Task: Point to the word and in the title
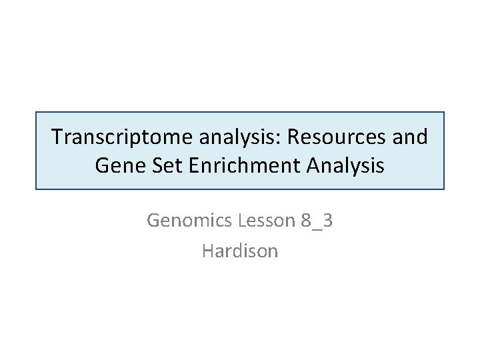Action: (x=409, y=137)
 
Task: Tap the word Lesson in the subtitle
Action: (x=261, y=220)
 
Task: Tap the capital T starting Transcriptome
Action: (x=57, y=137)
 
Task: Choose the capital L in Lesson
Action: (x=237, y=220)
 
